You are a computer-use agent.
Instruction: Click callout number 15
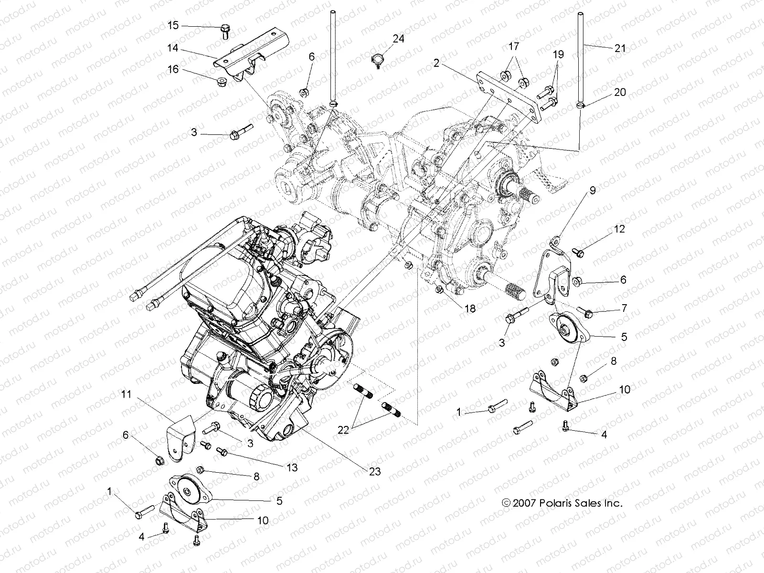(173, 25)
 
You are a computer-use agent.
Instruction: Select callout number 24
(398, 39)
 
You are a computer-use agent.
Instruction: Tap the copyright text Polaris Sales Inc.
(562, 503)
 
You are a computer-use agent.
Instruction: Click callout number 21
(620, 48)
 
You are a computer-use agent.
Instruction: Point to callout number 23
(375, 471)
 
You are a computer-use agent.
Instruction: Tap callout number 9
(579, 191)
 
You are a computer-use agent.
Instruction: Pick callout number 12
(619, 229)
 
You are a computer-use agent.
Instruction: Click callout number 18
(470, 308)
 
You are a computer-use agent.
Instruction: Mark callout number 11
(126, 394)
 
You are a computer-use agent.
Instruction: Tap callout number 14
(173, 48)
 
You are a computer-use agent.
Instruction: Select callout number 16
(173, 70)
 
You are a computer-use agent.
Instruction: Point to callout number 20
(620, 92)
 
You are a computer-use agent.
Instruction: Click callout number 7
(624, 308)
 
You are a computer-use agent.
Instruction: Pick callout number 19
(558, 54)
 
